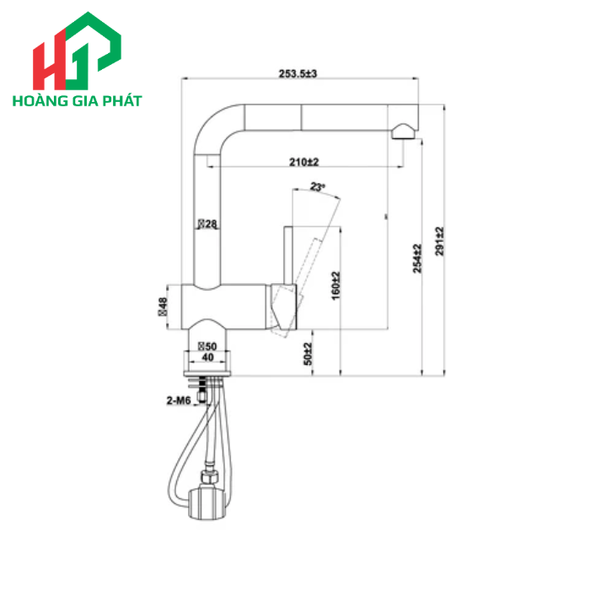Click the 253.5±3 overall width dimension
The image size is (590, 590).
coord(298,74)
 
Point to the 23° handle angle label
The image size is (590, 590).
coord(318,187)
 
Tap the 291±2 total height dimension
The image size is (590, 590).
coord(439,242)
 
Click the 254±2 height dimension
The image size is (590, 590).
coord(416,258)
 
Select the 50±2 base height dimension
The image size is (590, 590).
coord(308,353)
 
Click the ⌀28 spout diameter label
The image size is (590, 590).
coord(207,224)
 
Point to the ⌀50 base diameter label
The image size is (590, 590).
coord(207,346)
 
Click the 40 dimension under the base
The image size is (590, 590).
coord(207,357)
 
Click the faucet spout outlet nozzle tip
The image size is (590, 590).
coord(403,131)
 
